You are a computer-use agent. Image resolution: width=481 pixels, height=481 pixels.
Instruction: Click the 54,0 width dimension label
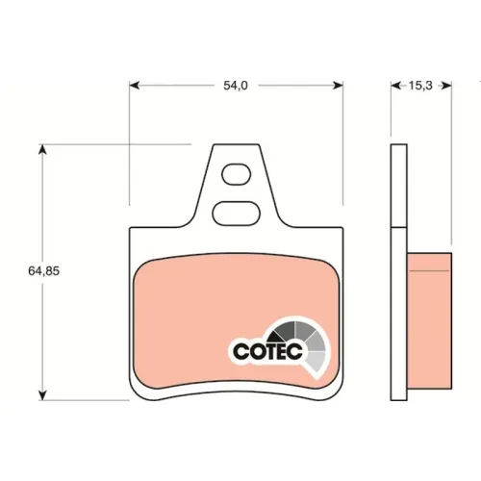[x=236, y=86]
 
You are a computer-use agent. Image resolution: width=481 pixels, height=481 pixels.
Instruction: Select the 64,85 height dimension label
[x=44, y=271]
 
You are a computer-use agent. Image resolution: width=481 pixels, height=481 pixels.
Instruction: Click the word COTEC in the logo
[x=267, y=351]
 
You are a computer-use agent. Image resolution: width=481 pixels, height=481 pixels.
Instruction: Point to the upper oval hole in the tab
[x=237, y=174]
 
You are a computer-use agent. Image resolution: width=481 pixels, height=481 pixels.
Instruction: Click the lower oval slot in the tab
[x=237, y=214]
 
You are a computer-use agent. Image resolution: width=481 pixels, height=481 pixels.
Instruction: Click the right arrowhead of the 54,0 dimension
[x=338, y=86]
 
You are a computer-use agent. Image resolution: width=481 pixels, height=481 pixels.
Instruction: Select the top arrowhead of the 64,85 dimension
[x=42, y=150]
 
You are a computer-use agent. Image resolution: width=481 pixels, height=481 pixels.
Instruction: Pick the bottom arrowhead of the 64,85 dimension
[x=42, y=395]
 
